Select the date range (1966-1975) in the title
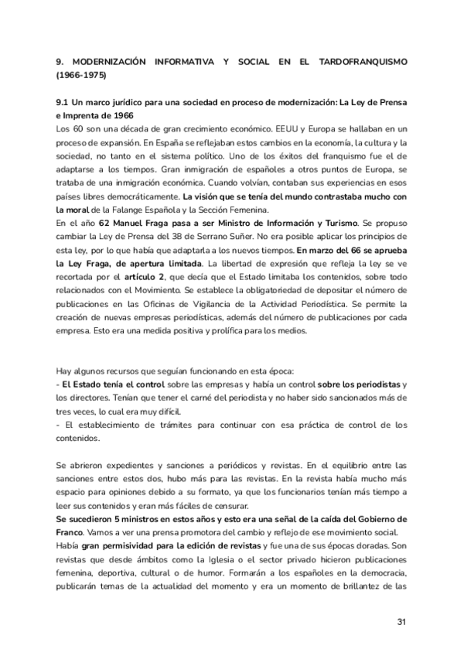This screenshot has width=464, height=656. [81, 76]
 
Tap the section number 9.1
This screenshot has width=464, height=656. [63, 103]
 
